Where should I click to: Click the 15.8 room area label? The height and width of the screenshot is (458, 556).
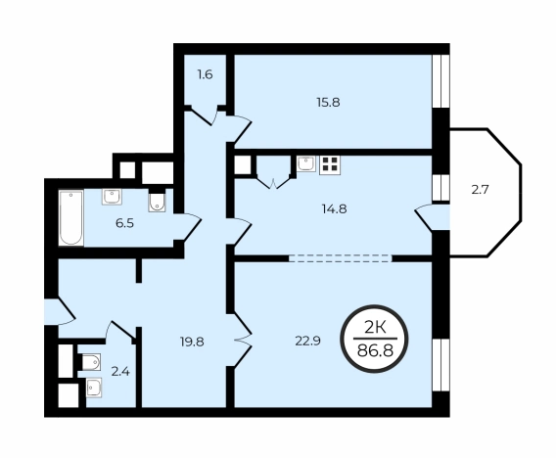(328, 103)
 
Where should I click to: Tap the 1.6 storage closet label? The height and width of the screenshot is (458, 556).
(205, 74)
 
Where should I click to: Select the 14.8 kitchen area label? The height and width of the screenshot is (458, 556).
(334, 208)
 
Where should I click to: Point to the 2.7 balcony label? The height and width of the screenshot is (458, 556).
(480, 190)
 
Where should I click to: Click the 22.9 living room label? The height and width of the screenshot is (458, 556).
(307, 341)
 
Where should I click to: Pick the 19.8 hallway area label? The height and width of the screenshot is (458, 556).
(192, 342)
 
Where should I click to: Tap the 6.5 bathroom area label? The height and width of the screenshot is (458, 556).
(124, 224)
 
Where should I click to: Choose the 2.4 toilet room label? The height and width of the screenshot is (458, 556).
(120, 372)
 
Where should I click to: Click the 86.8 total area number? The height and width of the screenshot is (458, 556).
(375, 351)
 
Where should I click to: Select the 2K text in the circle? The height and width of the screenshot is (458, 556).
(375, 328)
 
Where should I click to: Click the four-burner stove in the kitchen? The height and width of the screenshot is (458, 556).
(330, 165)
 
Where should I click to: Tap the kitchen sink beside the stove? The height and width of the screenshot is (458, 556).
(306, 164)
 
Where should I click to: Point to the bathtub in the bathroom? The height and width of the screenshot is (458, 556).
(71, 217)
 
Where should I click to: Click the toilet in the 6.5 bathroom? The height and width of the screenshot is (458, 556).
(157, 202)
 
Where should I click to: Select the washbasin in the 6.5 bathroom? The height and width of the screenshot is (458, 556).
(112, 197)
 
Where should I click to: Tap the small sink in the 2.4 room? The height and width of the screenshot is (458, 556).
(94, 388)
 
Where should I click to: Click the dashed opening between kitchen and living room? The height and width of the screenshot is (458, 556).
(340, 258)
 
